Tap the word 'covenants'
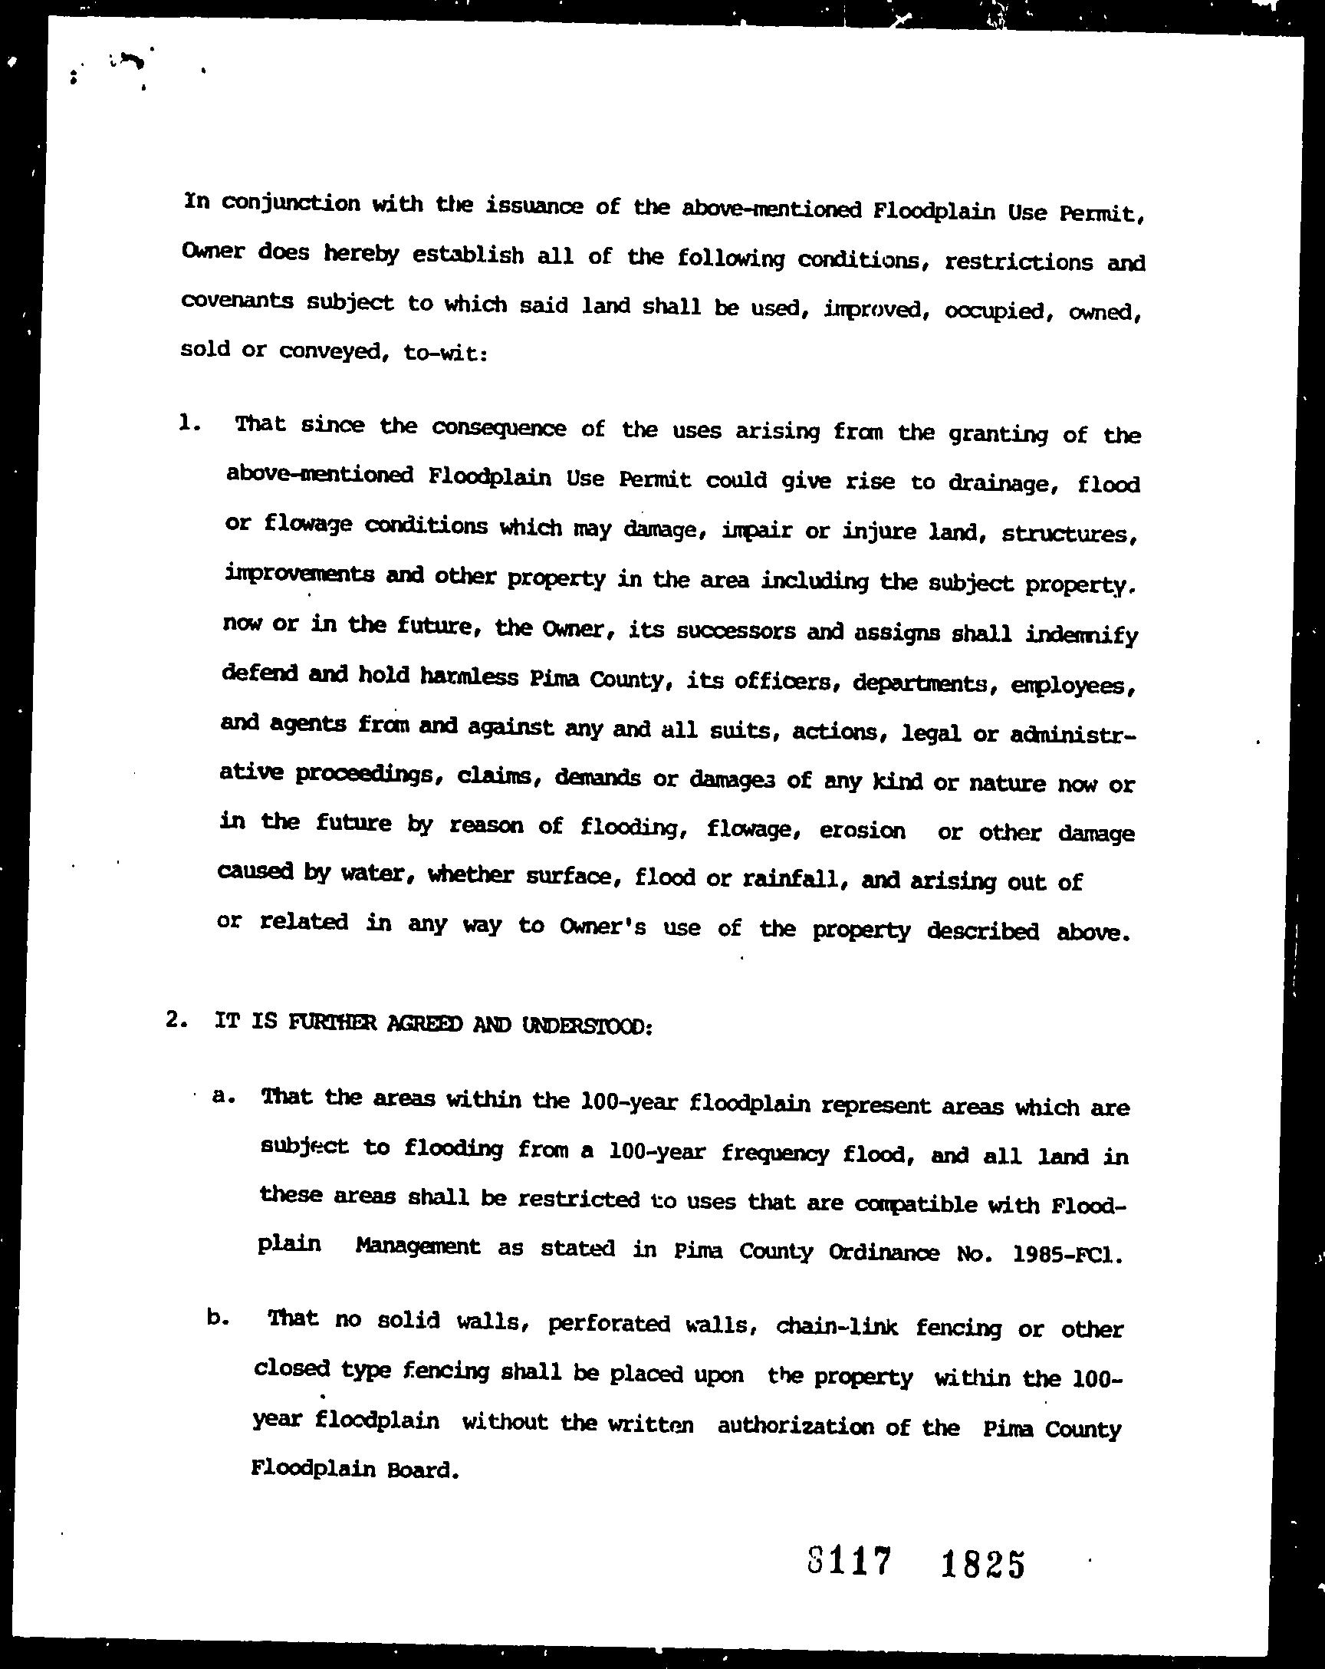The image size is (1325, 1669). (x=237, y=301)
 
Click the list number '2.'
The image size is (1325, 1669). (x=177, y=1020)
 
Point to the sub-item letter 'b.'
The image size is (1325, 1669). (x=218, y=1318)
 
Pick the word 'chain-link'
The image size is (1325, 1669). (x=836, y=1326)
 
